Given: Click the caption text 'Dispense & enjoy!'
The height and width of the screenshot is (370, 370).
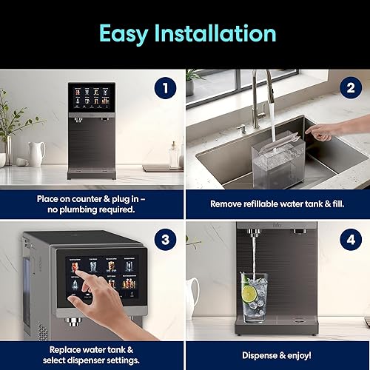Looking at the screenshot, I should click(277, 354).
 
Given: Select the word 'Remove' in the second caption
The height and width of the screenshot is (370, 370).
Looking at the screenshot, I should click(226, 203).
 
